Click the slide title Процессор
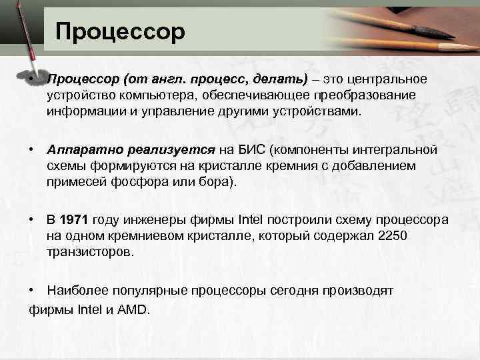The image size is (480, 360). point(120,31)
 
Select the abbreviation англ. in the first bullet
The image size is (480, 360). point(163,80)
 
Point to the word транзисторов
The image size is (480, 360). point(90,252)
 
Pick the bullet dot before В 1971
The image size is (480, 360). point(32,221)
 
